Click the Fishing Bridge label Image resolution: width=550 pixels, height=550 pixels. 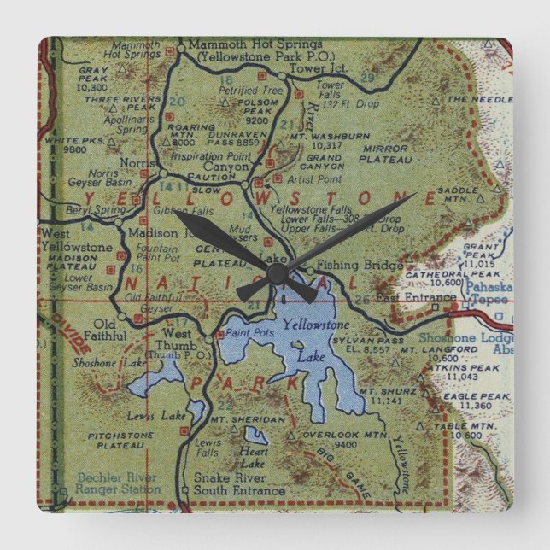pyautogui.click(x=360, y=266)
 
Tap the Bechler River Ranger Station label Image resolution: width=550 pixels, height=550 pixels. pyautogui.click(x=117, y=483)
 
